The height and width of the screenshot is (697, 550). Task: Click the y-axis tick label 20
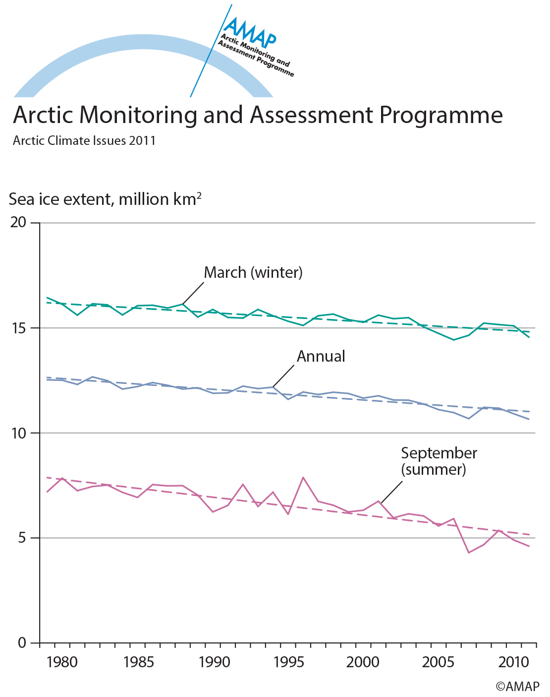pos(18,222)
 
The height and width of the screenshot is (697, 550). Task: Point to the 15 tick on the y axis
pos(18,328)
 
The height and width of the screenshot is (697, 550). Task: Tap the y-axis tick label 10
pos(18,433)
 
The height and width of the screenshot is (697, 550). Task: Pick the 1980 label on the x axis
pos(62,662)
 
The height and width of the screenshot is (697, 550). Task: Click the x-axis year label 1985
pos(139,662)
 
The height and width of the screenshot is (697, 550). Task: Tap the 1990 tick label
pos(214,662)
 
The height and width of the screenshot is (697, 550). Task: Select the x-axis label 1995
pos(288,662)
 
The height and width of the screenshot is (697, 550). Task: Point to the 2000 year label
pos(363,662)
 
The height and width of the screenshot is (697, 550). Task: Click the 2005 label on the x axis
pos(438,662)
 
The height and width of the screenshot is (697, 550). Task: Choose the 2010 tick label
pos(513,662)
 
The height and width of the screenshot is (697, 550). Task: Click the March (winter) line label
pos(253,273)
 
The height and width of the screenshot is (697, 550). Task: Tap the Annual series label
pos(321,357)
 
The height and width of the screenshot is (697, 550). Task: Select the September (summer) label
pos(439,461)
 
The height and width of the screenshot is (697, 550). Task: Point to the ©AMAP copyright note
pos(517,687)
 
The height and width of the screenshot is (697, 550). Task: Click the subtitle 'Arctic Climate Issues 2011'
pos(84,141)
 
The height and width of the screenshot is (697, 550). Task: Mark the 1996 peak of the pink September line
pos(303,477)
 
